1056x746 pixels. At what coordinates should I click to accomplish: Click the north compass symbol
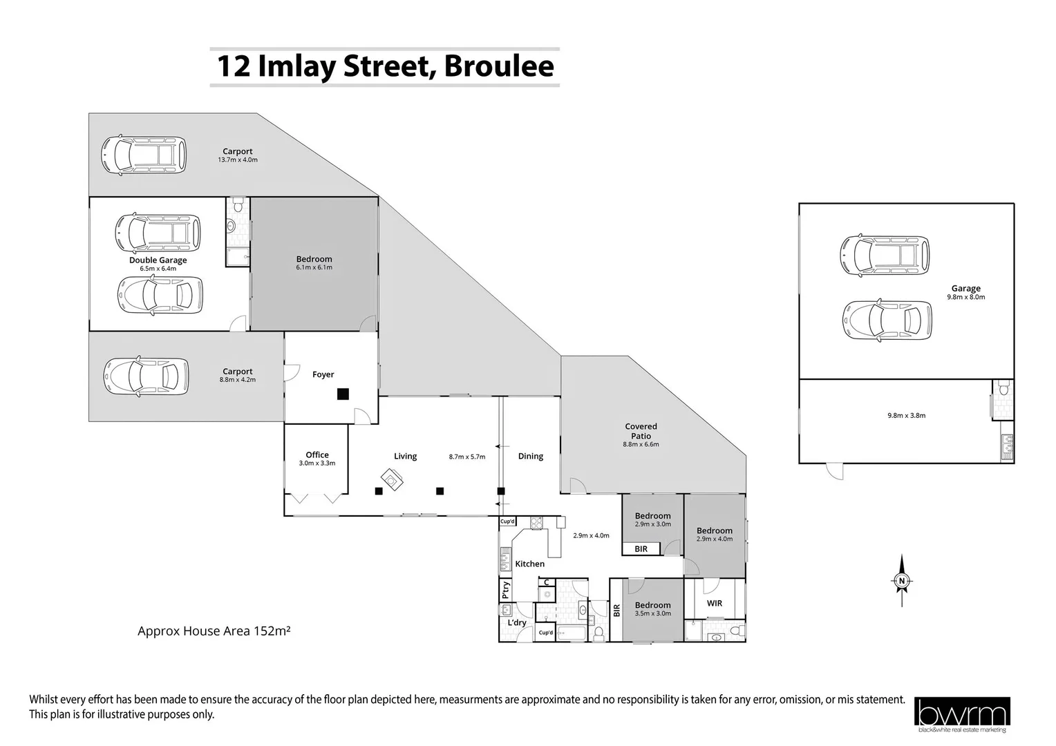pos(901,581)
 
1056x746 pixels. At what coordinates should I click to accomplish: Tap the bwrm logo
pos(962,714)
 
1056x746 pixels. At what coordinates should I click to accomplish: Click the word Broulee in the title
pos(499,66)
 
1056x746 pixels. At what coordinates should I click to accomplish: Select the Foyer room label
pos(323,374)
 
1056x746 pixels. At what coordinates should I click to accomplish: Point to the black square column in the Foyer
pos(343,394)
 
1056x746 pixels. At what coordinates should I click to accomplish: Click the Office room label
pos(317,455)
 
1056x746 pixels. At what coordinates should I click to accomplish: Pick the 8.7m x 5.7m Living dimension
pos(466,457)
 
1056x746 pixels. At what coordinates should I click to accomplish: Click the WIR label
pos(714,603)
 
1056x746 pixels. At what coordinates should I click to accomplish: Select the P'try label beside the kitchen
pos(506,590)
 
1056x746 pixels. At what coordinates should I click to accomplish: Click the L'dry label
pos(517,622)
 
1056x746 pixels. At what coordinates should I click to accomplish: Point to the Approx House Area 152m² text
pos(214,631)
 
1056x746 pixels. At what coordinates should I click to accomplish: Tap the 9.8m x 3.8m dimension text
pos(906,416)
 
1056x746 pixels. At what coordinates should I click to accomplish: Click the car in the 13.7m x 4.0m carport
pos(143,155)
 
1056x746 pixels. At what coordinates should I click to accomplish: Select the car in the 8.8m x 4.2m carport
pos(146,376)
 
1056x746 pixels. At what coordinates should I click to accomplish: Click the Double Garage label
pos(158,260)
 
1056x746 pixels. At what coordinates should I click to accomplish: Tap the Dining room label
pos(530,456)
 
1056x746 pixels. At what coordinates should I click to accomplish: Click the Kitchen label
pos(530,564)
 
